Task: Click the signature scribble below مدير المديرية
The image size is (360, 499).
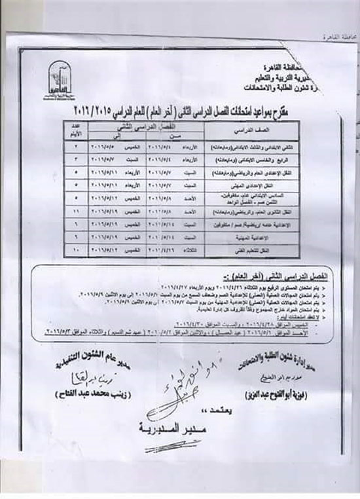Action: coord(177,449)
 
